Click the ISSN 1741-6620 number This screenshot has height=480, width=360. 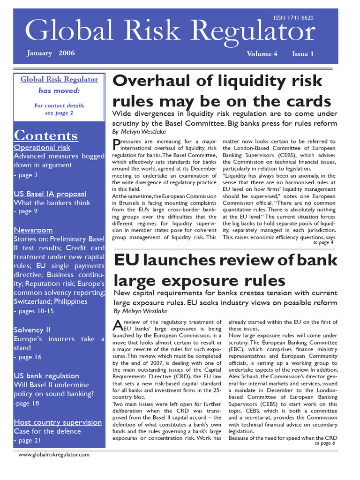pos(293,18)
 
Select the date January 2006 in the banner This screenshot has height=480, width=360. pos(51,53)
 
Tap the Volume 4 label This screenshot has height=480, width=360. pos(262,54)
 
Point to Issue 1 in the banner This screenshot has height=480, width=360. pos(303,54)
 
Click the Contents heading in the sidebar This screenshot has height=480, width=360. pos(46,135)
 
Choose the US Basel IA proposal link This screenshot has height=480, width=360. pos(50,194)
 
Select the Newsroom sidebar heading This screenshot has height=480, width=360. pos(33,230)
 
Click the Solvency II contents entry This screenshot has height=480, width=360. pos(32,330)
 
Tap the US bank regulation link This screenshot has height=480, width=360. pos(46,375)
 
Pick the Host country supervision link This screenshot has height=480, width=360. pos(58,422)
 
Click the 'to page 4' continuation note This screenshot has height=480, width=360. pos(323,243)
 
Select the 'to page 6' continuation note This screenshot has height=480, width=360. pos(325,443)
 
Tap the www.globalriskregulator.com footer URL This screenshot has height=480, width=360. pos(54,455)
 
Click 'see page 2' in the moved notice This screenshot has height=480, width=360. pos(59,113)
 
